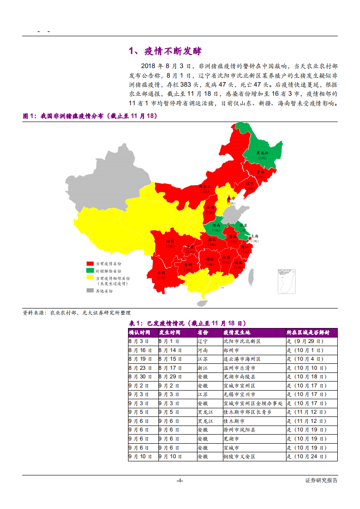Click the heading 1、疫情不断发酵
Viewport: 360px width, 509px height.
(x=165, y=51)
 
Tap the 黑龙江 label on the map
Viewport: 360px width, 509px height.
(x=262, y=153)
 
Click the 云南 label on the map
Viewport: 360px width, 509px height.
(x=161, y=272)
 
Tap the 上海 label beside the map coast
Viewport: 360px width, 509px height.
(x=255, y=237)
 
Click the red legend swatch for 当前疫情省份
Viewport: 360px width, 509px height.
(x=90, y=264)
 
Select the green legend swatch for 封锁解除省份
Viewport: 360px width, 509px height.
(x=90, y=270)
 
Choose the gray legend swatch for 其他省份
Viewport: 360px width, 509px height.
(x=90, y=291)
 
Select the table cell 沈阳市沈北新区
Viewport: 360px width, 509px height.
(x=242, y=341)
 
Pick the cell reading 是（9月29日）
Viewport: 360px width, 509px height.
(x=305, y=341)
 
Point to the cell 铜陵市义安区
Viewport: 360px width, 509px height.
(x=239, y=456)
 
